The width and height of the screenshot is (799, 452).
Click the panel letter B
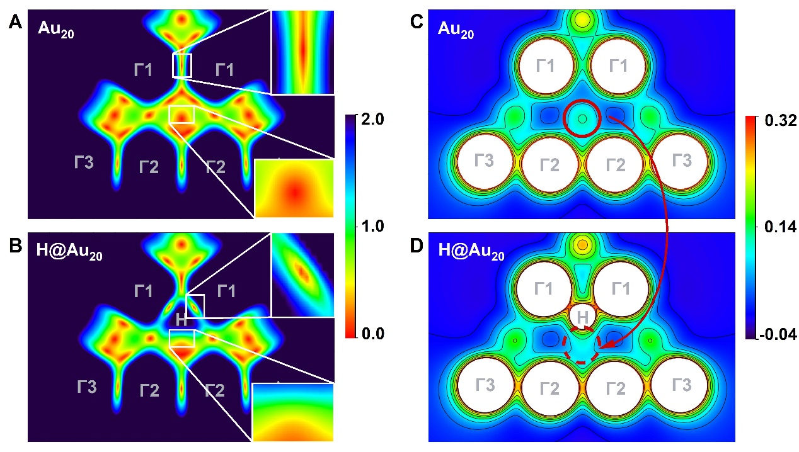coord(16,246)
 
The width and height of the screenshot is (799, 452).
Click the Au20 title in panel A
coord(55,30)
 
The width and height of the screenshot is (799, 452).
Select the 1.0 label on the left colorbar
coord(376,226)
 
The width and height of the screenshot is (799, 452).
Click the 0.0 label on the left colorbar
coord(376,333)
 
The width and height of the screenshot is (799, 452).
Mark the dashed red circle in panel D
coord(582,345)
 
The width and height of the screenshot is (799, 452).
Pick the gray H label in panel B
coord(181,319)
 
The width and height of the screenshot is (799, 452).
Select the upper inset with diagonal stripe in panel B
coord(302,274)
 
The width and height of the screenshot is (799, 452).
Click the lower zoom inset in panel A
coord(294,188)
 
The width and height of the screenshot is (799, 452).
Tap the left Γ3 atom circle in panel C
coord(484,162)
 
